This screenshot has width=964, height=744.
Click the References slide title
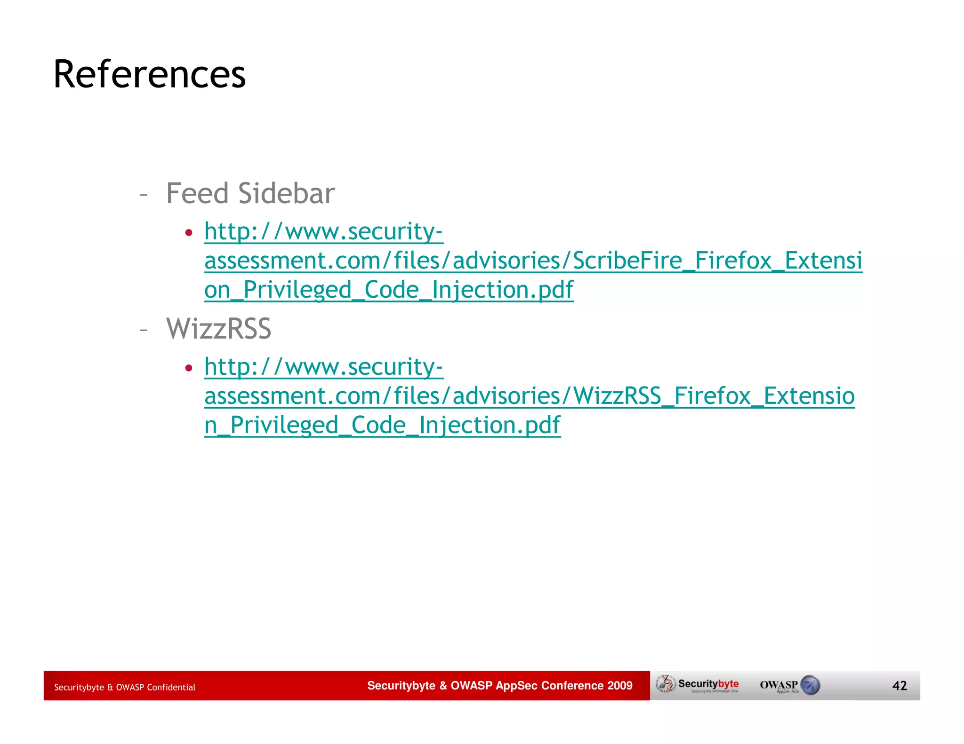tap(149, 74)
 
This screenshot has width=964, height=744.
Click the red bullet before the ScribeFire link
tap(189, 232)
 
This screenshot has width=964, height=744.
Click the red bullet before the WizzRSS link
tap(189, 368)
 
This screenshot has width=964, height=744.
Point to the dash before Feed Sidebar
tap(144, 194)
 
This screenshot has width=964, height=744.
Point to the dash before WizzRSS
tap(144, 330)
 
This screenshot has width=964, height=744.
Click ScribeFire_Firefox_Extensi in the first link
tap(717, 261)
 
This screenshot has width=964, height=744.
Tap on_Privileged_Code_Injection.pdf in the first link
tap(389, 290)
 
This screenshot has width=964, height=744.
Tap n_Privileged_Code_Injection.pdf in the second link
tap(382, 425)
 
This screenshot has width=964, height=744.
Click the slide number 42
tap(900, 686)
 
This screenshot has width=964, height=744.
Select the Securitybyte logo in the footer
tap(699, 685)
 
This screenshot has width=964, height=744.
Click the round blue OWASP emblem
tap(810, 685)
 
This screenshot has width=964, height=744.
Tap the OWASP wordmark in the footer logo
tap(779, 684)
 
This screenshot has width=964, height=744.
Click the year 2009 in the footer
tap(620, 685)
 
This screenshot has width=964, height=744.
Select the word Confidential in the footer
tap(171, 687)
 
